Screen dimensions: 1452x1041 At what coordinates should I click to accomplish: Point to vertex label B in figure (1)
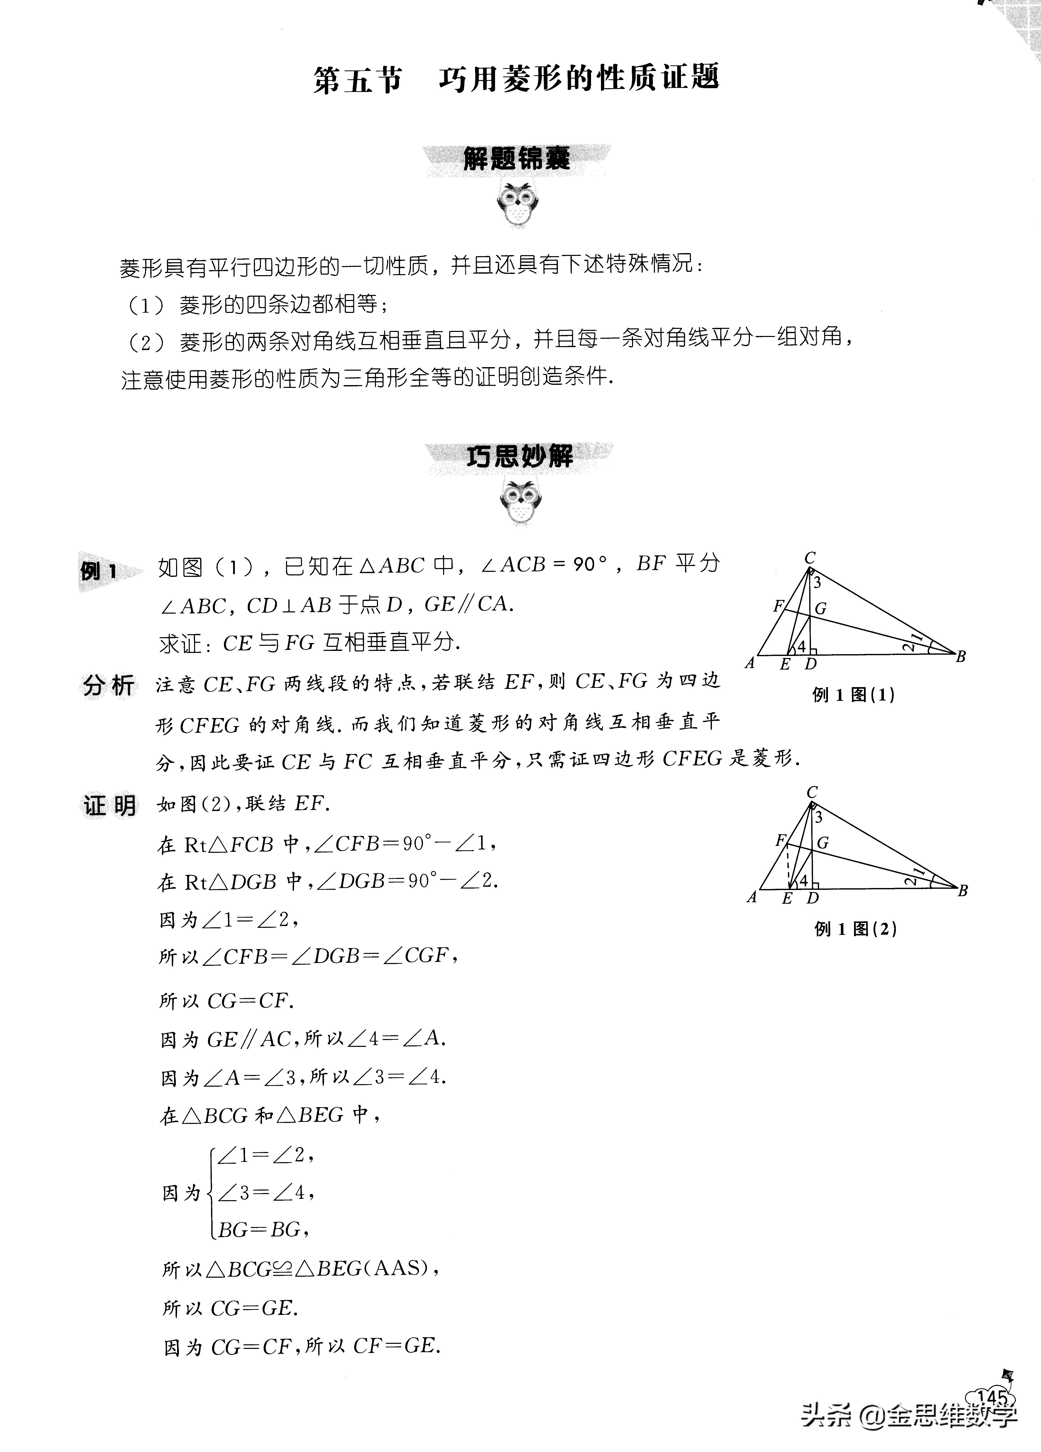[960, 656]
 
